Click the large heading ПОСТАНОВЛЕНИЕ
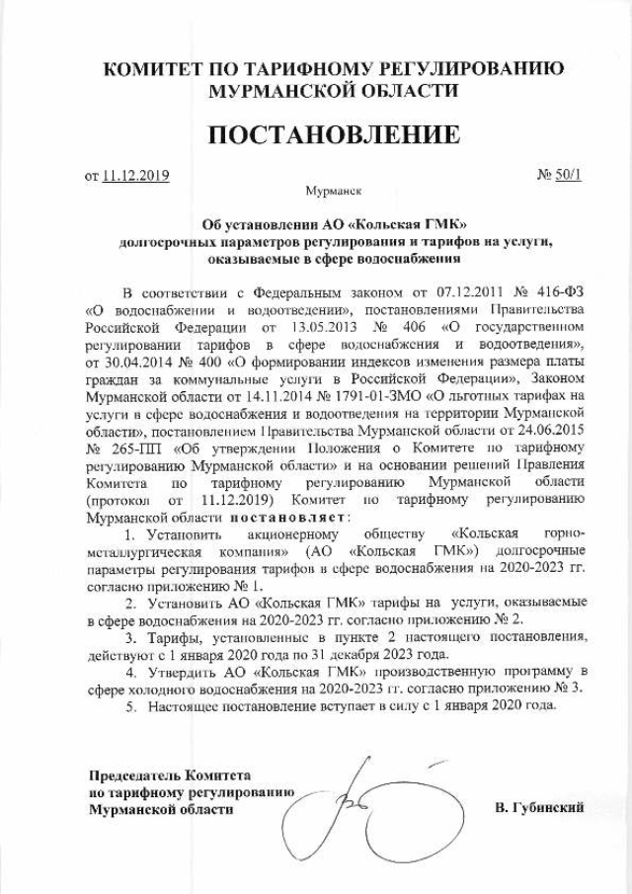coord(315,134)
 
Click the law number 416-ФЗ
coord(559,293)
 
